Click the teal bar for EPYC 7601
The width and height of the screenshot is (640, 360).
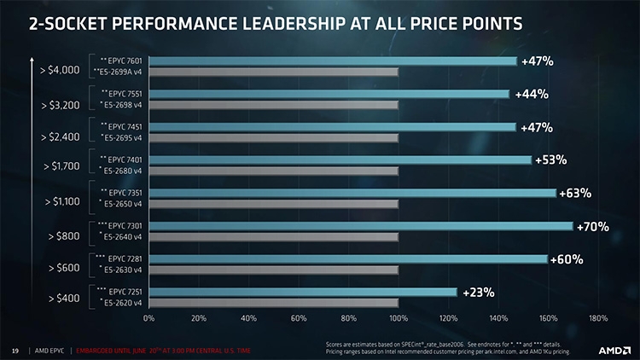pos(333,61)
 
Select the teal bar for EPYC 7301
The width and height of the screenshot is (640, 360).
pos(360,226)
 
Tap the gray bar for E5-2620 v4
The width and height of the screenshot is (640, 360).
pos(273,303)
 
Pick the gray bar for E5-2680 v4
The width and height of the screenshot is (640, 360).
pos(273,171)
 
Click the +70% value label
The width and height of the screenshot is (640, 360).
pos(591,227)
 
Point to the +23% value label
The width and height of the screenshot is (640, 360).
pos(478,293)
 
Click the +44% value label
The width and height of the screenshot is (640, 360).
pos(531,94)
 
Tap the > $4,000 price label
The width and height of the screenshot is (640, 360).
pos(60,70)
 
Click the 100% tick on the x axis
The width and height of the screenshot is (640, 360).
pos(398,319)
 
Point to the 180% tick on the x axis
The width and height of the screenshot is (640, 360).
pos(597,319)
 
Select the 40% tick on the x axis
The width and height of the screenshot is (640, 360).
pos(248,319)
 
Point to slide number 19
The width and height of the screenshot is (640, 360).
pos(15,350)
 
